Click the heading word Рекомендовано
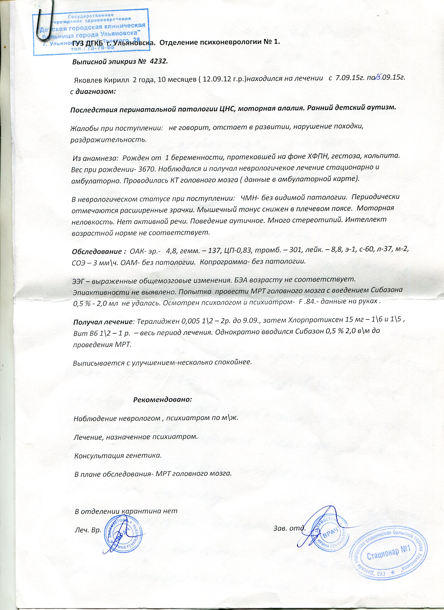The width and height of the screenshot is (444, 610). [x=162, y=399]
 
